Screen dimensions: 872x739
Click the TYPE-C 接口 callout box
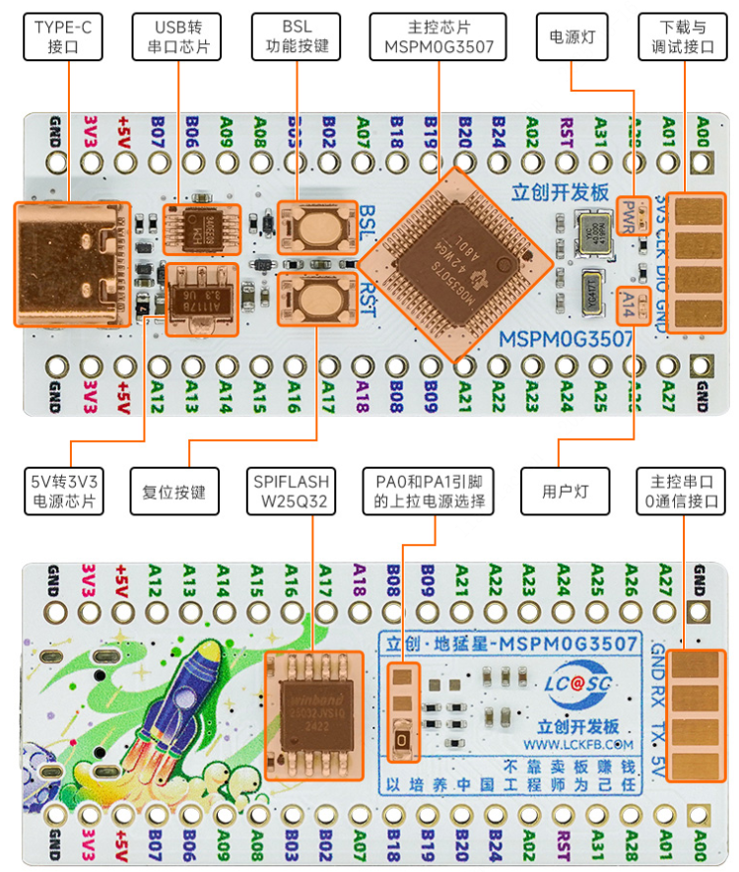69,35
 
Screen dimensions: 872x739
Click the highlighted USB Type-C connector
71,264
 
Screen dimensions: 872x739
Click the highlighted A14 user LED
630,307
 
